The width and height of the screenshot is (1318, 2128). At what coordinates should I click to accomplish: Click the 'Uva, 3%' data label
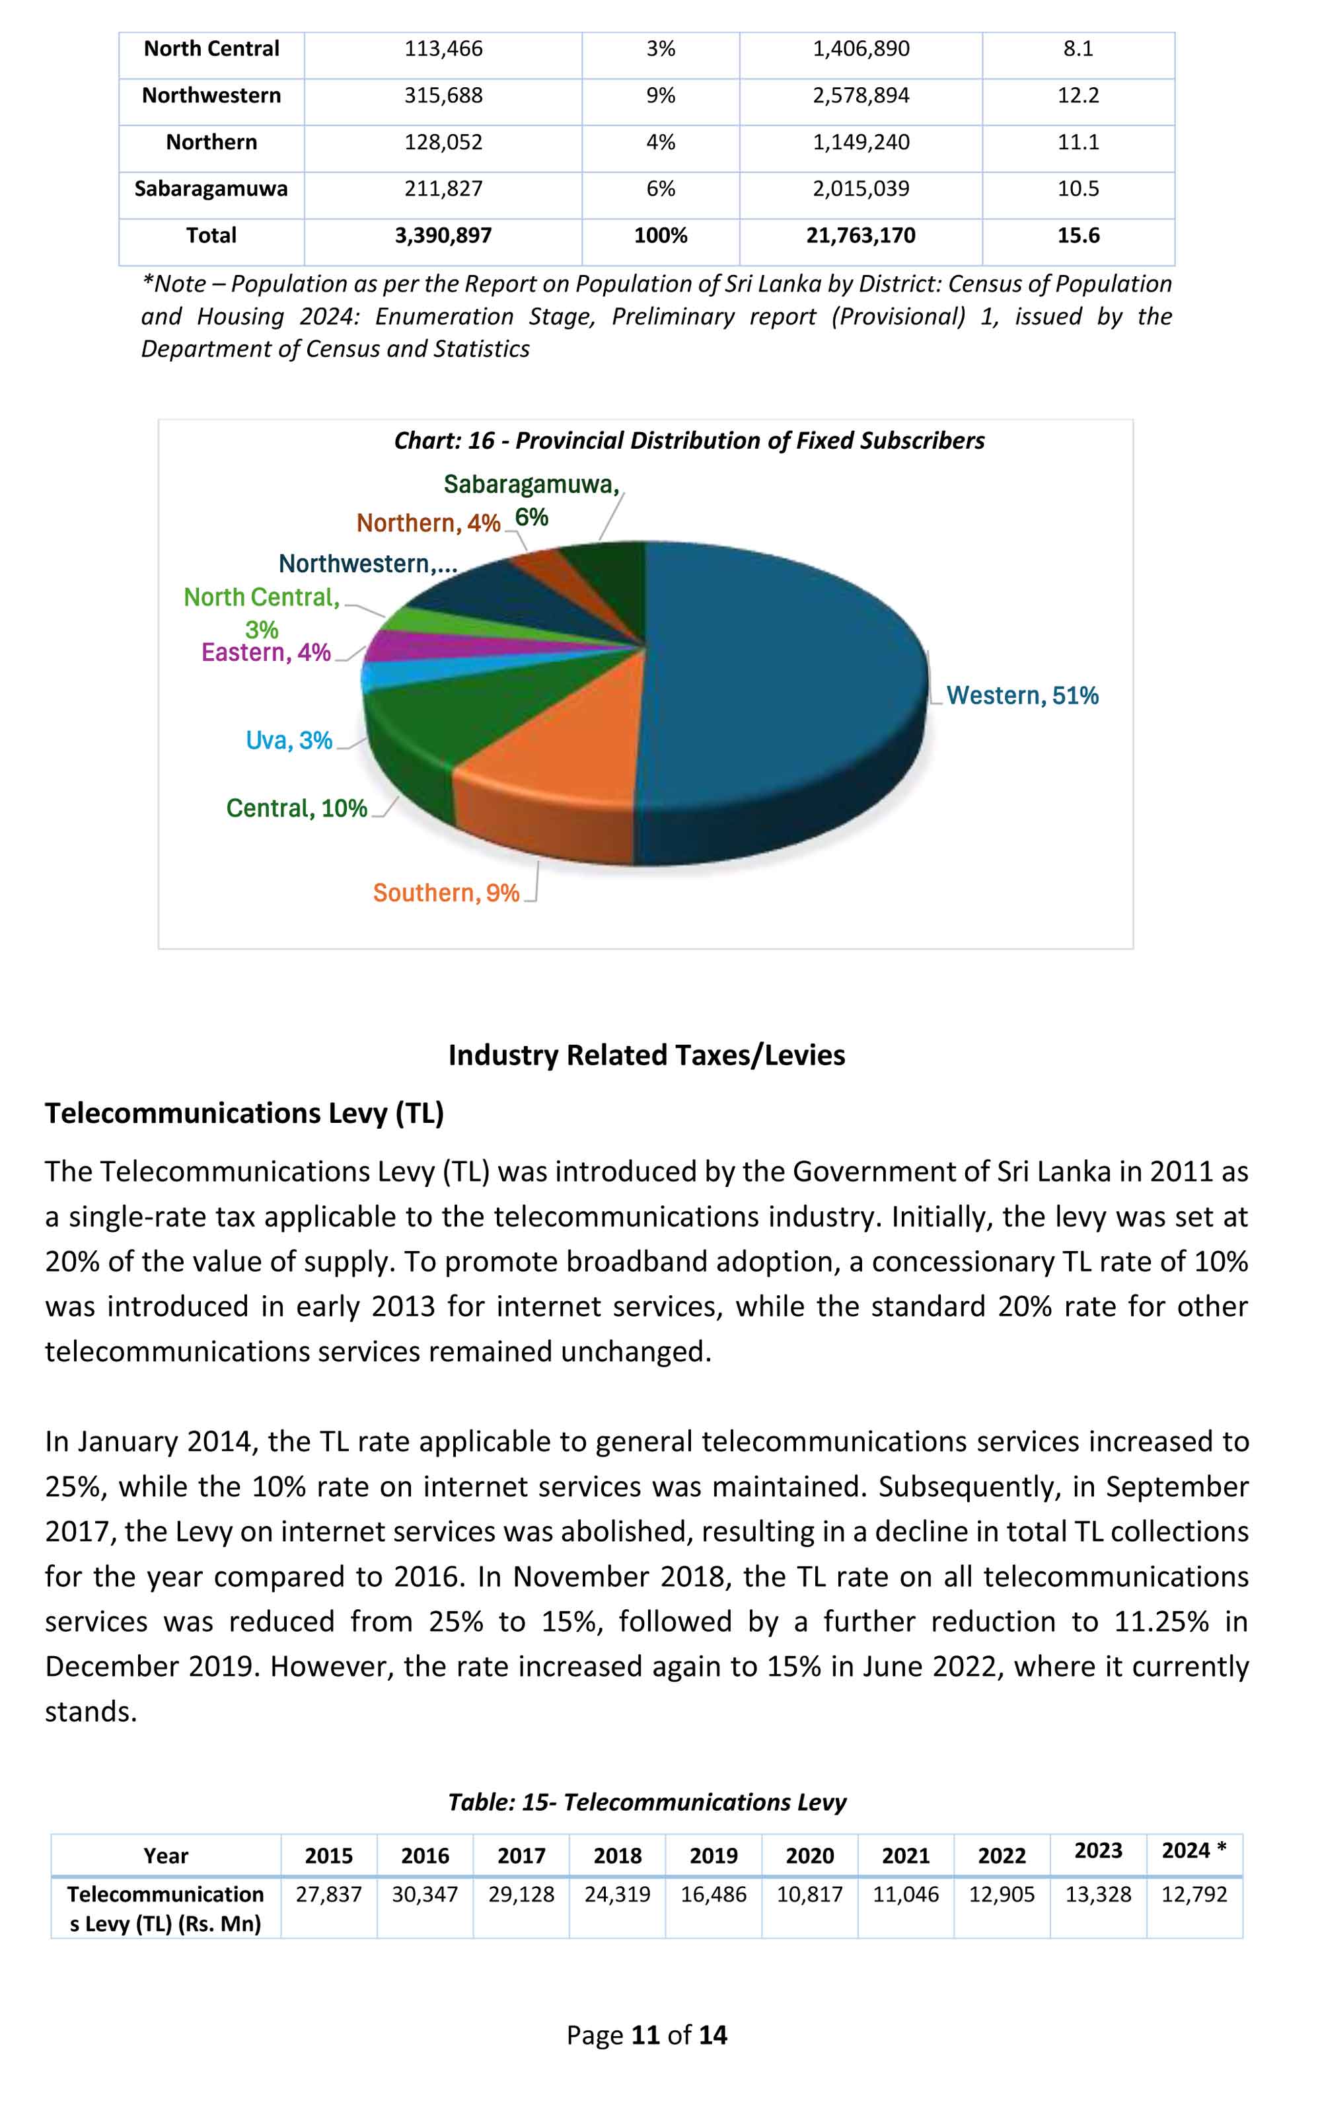pos(289,740)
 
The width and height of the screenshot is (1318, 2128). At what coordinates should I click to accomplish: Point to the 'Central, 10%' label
pos(297,808)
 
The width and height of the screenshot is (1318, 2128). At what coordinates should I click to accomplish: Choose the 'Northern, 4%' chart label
pos(428,523)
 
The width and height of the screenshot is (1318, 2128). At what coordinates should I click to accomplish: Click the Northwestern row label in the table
pos(211,95)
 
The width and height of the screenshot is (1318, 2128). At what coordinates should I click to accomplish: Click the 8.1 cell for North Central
pos(1078,49)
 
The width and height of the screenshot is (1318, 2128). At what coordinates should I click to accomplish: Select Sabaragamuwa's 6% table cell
pos(660,188)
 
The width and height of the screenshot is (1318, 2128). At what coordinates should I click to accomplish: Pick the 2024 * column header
pos(1193,1851)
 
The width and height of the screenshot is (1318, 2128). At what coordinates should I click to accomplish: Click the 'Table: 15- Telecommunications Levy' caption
pos(646,1802)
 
